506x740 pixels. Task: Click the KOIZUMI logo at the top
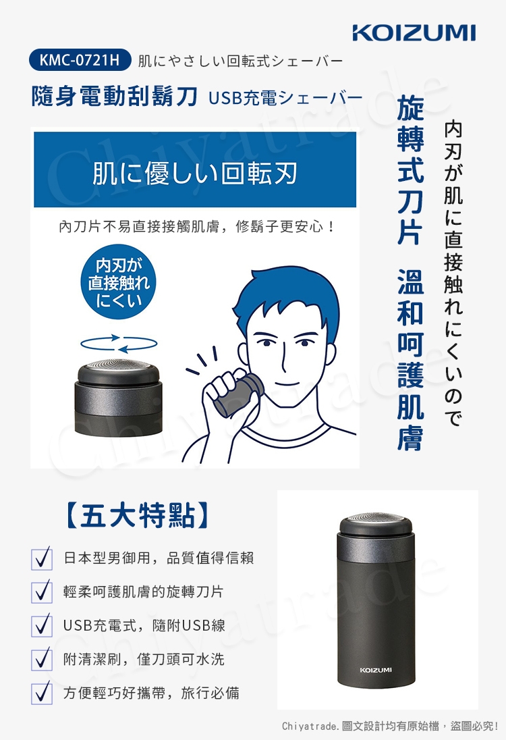414,32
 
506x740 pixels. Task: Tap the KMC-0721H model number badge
79,61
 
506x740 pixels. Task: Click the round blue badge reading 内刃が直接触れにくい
119,283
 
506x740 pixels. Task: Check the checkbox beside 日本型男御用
42,559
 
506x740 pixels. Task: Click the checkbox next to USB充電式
42,626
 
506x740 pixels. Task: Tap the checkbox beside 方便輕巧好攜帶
42,693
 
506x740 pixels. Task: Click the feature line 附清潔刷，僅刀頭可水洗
144,659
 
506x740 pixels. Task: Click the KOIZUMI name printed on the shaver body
376,669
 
